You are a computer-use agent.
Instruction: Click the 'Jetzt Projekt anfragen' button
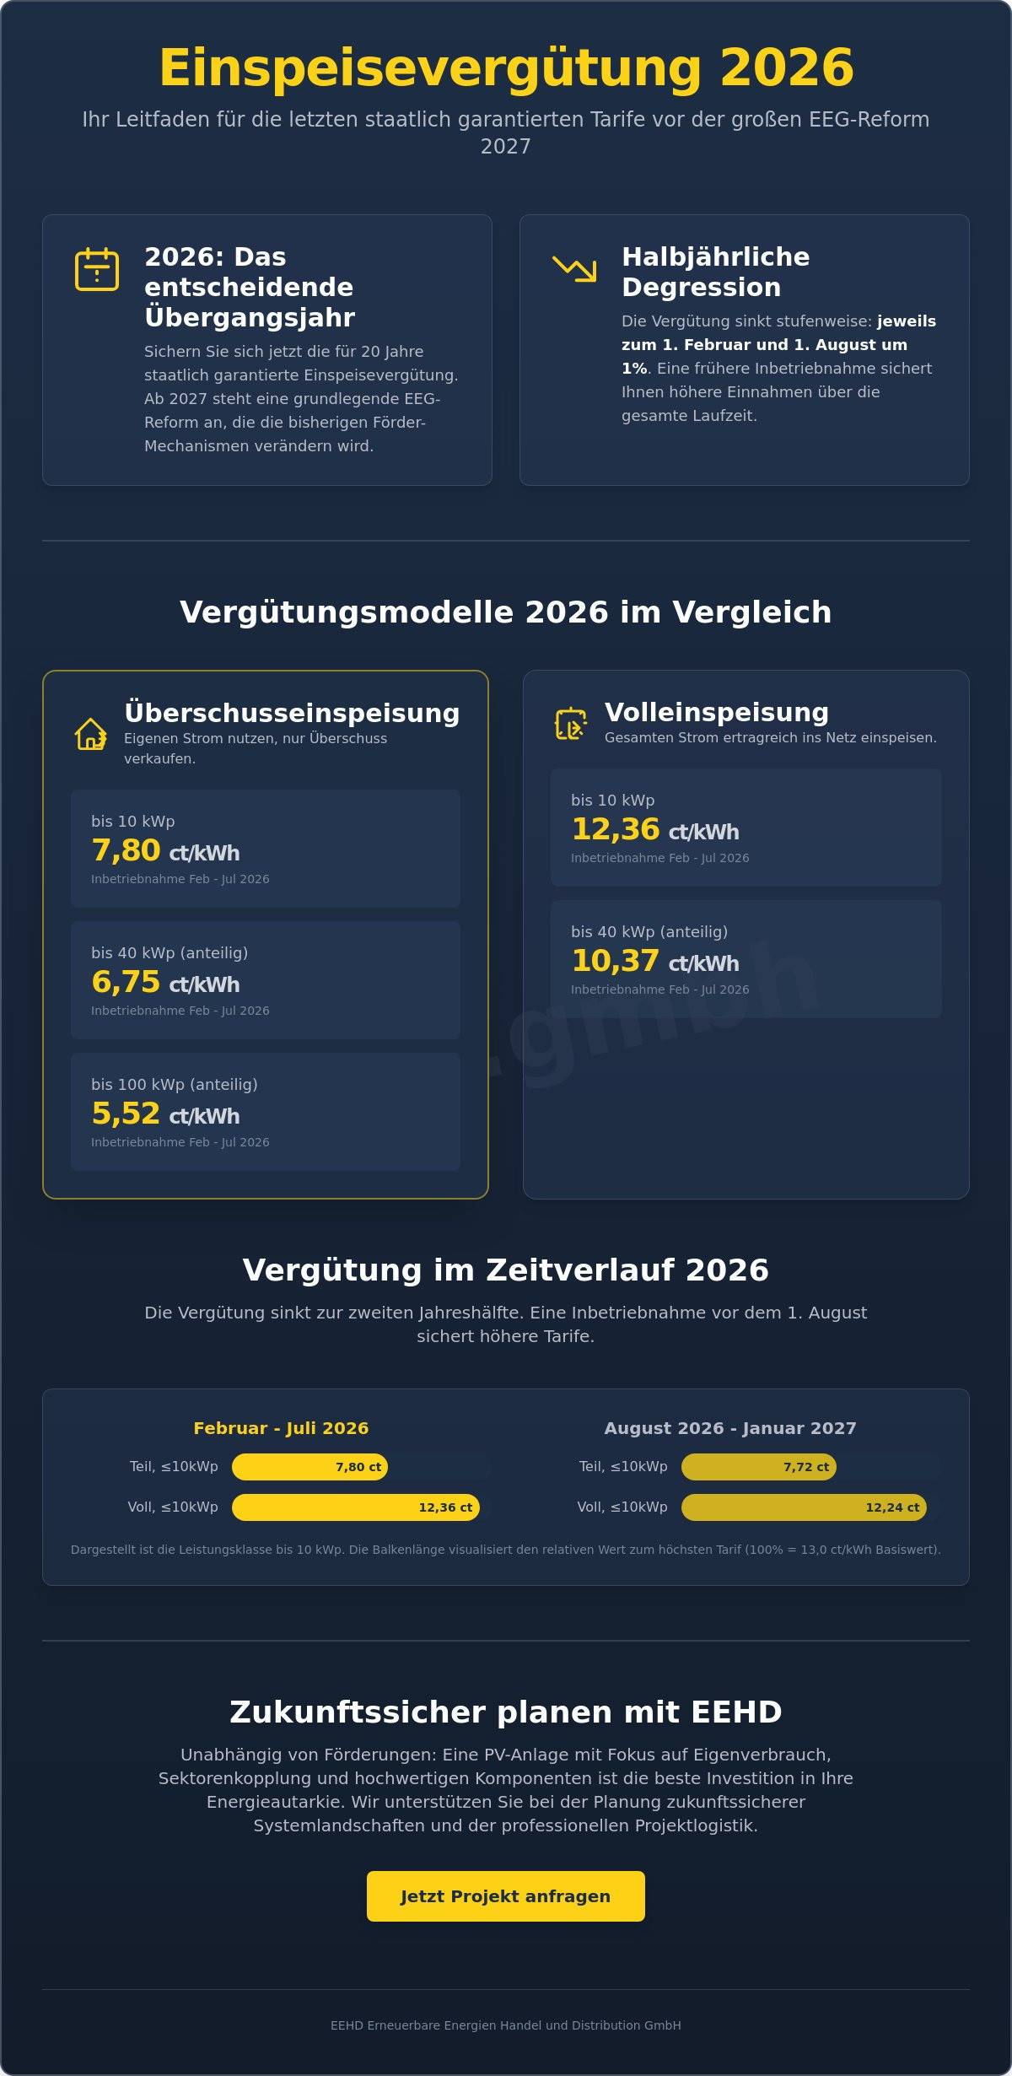(x=505, y=1895)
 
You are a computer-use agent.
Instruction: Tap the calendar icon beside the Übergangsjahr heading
(x=97, y=269)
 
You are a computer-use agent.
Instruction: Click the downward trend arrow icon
(x=574, y=269)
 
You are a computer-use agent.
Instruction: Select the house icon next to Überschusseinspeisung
(x=90, y=734)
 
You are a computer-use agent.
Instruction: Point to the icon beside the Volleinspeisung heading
(x=570, y=724)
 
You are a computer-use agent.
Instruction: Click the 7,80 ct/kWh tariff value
(x=165, y=850)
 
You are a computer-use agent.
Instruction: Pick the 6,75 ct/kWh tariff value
(x=165, y=982)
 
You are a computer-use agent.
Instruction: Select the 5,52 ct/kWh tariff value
(x=165, y=1113)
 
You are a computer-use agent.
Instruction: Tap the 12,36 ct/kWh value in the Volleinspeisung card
(x=654, y=829)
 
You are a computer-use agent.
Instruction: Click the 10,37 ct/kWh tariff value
(x=654, y=961)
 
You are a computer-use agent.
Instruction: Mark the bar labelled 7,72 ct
(x=758, y=1467)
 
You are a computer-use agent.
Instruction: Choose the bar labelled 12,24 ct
(x=803, y=1507)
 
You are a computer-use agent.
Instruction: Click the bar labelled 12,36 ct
(x=355, y=1507)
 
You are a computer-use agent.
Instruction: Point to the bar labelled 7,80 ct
(x=310, y=1467)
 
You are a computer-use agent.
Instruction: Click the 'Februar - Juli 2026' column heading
(x=281, y=1428)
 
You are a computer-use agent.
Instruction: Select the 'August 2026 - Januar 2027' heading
(x=729, y=1428)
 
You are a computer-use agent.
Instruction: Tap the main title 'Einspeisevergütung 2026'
(x=506, y=67)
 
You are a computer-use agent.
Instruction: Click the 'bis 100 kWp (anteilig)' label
(x=175, y=1084)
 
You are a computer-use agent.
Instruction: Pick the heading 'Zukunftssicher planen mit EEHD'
(x=506, y=1712)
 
